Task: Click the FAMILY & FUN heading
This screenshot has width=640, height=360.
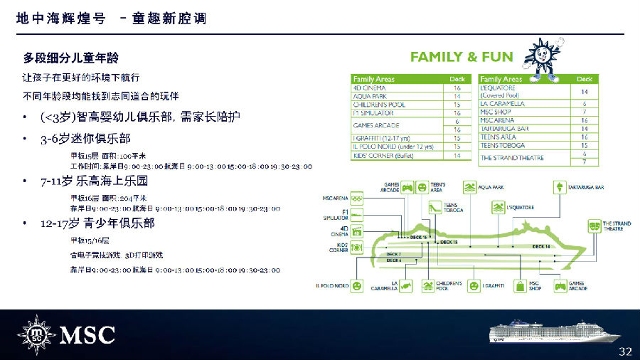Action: [462, 57]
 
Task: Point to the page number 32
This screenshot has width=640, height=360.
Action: [625, 351]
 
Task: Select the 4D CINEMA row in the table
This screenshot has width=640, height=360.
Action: [370, 88]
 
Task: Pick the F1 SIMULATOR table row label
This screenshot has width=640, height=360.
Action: [373, 112]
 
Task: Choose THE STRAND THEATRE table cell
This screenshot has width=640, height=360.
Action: [511, 157]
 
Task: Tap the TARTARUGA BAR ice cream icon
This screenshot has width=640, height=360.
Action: [561, 188]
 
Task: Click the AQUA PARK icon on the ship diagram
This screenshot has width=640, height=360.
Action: [469, 188]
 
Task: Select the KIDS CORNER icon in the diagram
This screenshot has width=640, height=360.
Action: [357, 246]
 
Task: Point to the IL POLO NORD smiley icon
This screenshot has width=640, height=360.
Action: [357, 285]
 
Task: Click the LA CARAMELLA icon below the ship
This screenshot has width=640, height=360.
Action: [405, 286]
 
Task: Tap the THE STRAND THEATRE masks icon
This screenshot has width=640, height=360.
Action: [592, 226]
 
